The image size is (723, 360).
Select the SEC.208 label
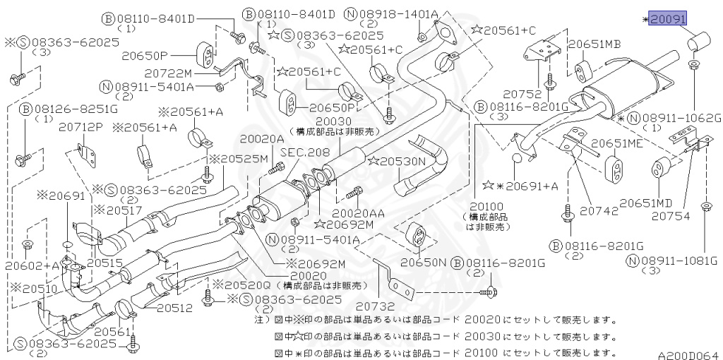305,152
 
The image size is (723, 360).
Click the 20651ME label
617,143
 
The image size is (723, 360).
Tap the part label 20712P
81,127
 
